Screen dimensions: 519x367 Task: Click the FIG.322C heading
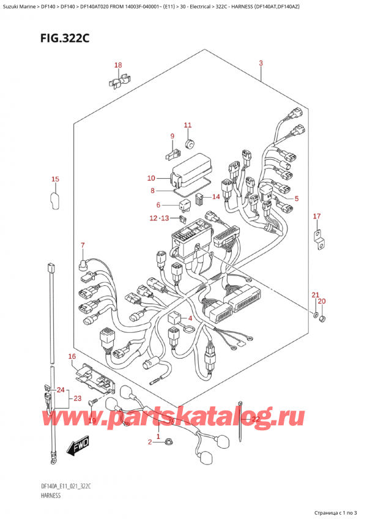click(48, 38)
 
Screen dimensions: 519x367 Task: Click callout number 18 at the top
click(118, 65)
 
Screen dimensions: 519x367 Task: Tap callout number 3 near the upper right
click(261, 64)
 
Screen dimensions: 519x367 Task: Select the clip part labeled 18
click(120, 80)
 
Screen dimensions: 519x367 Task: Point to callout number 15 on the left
click(55, 179)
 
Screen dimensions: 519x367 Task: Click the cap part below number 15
click(54, 200)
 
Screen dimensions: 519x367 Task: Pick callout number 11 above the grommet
click(188, 125)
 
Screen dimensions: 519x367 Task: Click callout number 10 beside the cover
click(151, 178)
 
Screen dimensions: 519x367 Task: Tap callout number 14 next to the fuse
click(215, 196)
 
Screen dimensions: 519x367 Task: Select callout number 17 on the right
click(316, 216)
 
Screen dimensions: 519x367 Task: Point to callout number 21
click(314, 296)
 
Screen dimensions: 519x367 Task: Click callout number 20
click(322, 301)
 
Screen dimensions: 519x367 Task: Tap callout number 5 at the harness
click(297, 198)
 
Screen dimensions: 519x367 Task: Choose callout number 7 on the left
click(82, 245)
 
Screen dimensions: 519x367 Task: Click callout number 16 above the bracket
click(72, 356)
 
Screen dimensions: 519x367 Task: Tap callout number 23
click(77, 398)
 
